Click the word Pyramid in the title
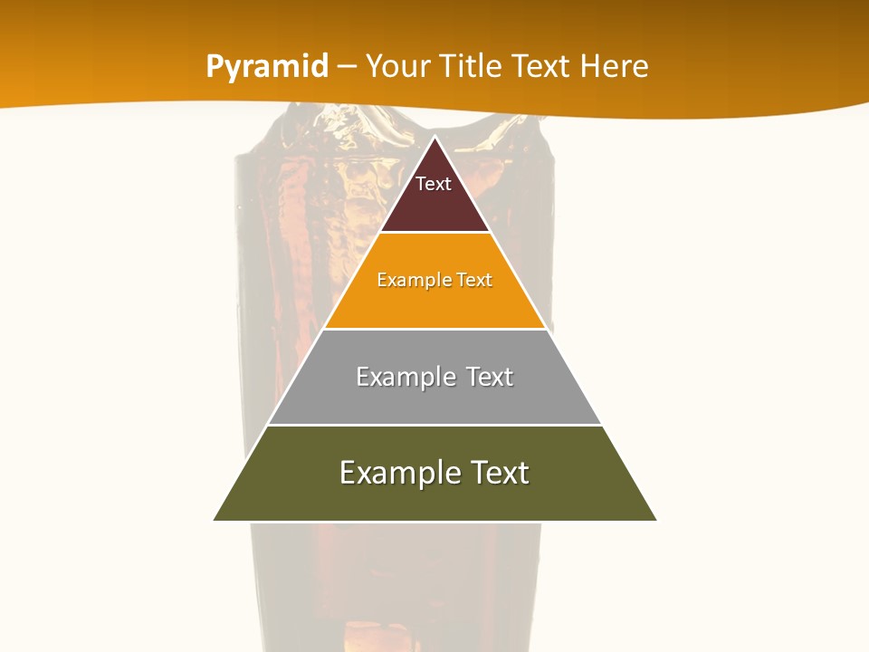tap(267, 67)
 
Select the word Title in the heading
tap(470, 67)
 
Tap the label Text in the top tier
tap(434, 184)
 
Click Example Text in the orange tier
tap(434, 280)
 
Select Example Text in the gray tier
tap(434, 377)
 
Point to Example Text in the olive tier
tap(434, 473)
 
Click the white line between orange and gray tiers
tap(434, 329)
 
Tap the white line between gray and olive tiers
tap(434, 425)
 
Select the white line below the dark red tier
tap(434, 233)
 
